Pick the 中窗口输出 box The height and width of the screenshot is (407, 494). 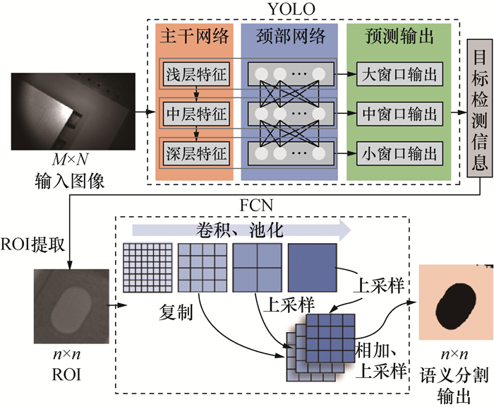(x=398, y=112)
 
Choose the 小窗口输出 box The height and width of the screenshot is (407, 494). (x=398, y=151)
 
